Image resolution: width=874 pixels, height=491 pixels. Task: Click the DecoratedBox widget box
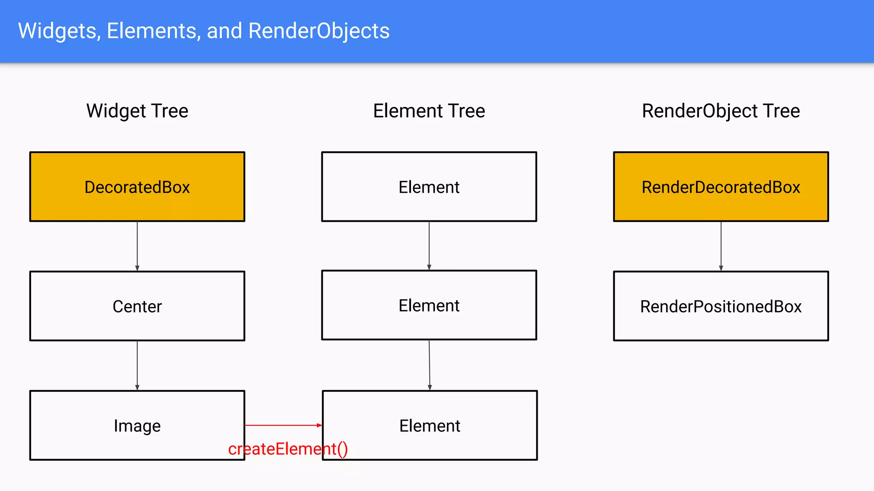[137, 187]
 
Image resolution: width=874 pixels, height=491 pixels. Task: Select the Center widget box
[137, 306]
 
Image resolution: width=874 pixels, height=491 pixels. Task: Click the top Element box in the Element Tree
[429, 187]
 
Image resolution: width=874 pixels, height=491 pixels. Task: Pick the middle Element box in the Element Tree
[429, 305]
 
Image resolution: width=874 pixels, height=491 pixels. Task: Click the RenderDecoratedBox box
[721, 187]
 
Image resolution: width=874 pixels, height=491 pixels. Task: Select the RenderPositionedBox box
[721, 306]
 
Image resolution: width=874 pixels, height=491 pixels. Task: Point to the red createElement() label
[288, 449]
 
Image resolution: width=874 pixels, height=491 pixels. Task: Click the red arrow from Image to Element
[283, 425]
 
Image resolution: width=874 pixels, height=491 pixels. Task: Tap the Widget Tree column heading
[137, 111]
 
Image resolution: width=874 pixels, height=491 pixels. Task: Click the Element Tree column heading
[429, 111]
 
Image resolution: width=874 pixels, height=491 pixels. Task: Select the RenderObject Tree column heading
[721, 111]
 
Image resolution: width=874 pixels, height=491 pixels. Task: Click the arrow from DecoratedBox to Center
[137, 246]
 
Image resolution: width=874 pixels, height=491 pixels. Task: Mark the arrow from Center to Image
[137, 365]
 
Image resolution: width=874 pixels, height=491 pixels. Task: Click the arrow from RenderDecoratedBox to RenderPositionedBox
[721, 246]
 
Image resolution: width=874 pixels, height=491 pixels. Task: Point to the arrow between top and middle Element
[429, 245]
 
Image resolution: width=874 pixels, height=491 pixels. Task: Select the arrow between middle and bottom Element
[429, 365]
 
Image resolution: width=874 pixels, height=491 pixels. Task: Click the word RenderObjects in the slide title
[319, 31]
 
